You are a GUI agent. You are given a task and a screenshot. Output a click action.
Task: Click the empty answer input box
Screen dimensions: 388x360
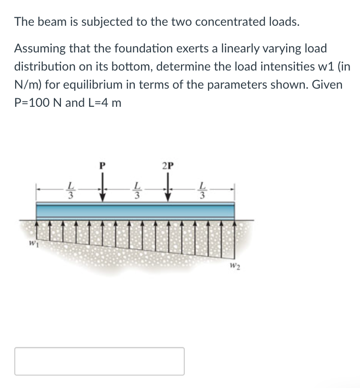(x=100, y=361)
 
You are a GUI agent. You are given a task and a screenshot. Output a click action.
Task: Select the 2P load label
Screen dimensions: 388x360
(x=168, y=166)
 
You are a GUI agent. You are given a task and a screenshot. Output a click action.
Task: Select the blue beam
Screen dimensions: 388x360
(x=135, y=210)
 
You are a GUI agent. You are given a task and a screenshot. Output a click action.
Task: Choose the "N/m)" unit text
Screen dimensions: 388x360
(x=28, y=85)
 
